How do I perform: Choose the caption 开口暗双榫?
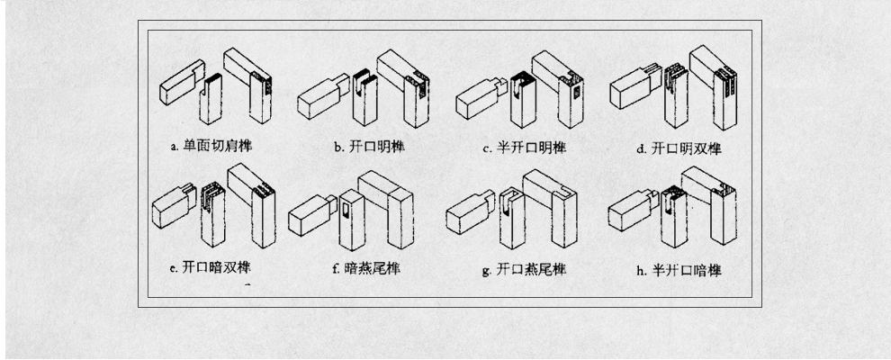(216, 266)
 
